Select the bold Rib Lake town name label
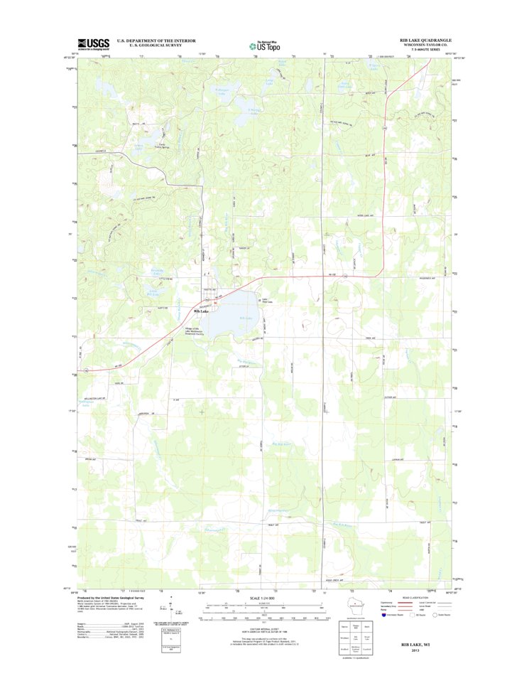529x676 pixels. coord(202,311)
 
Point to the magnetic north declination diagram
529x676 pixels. coord(165,608)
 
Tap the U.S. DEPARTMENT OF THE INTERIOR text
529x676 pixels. coord(156,41)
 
